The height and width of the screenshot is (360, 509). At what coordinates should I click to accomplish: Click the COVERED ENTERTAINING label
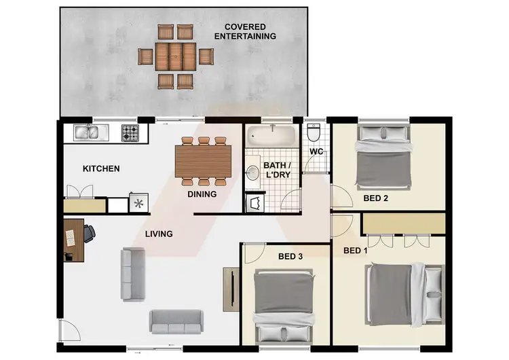pyautogui.click(x=245, y=31)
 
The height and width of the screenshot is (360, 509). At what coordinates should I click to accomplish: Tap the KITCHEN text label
pyautogui.click(x=101, y=168)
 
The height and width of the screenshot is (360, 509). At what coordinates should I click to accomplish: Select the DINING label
pyautogui.click(x=202, y=194)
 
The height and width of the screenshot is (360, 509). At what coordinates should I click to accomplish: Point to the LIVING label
pyautogui.click(x=159, y=234)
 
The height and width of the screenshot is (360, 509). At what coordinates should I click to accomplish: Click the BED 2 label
pyautogui.click(x=375, y=198)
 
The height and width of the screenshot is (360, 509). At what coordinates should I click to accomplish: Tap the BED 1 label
pyautogui.click(x=356, y=251)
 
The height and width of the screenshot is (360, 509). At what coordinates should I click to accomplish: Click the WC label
pyautogui.click(x=316, y=151)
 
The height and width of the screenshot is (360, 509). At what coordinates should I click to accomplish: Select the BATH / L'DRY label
pyautogui.click(x=277, y=170)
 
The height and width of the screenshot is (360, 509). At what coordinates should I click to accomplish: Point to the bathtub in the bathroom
pyautogui.click(x=271, y=135)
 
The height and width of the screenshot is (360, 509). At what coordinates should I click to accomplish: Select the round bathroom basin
pyautogui.click(x=251, y=173)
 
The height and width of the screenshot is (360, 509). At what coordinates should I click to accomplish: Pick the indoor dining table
pyautogui.click(x=203, y=162)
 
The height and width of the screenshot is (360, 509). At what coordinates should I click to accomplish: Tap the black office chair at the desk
pyautogui.click(x=90, y=234)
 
